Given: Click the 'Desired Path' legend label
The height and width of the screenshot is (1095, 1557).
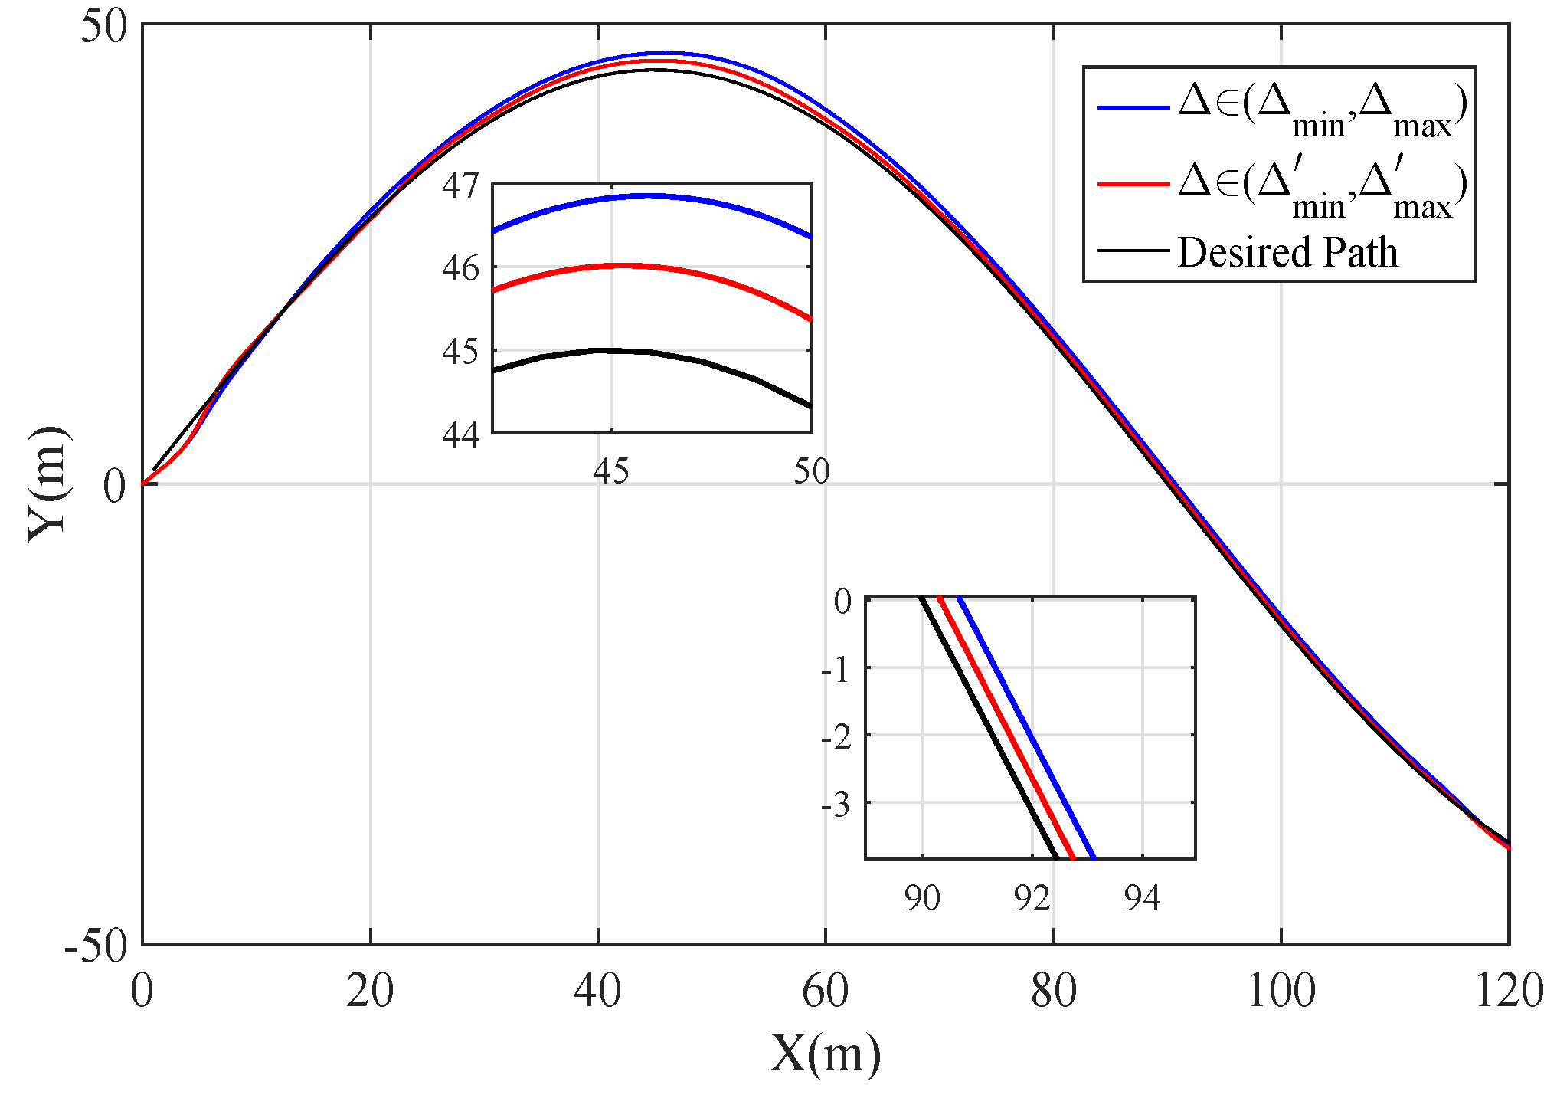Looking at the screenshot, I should [x=1287, y=252].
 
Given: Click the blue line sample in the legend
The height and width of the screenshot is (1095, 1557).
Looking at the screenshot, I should [x=1133, y=107].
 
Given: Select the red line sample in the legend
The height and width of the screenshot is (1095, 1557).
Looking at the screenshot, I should [x=1133, y=184].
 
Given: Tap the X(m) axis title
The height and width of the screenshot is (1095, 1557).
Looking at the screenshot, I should [x=825, y=1054].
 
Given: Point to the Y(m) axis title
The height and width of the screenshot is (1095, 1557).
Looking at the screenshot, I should [x=47, y=484].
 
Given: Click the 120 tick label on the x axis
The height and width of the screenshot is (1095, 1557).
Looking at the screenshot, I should [x=1508, y=990].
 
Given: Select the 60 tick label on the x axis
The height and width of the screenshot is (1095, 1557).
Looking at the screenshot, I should [x=825, y=990].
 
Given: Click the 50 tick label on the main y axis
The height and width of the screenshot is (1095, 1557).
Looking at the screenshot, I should [x=104, y=28].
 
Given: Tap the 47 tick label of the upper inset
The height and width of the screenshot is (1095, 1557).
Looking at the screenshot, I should [x=460, y=185].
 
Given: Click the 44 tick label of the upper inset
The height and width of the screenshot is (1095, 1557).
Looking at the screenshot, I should [x=460, y=435].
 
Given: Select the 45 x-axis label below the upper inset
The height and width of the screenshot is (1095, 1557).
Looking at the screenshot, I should [x=610, y=471].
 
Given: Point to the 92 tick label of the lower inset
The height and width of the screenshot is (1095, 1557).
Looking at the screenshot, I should [x=1032, y=898].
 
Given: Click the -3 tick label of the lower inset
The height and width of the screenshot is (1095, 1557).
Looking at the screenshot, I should [x=836, y=805].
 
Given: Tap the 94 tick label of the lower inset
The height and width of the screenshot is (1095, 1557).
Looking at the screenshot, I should [x=1142, y=898].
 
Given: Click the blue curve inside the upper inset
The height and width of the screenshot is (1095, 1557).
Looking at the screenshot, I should [x=651, y=196].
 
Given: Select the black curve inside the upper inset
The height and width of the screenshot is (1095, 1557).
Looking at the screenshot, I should [x=651, y=352].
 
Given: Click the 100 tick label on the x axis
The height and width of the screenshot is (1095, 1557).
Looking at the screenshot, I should [x=1281, y=990].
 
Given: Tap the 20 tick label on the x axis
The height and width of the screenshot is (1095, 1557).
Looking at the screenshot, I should [x=370, y=990].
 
